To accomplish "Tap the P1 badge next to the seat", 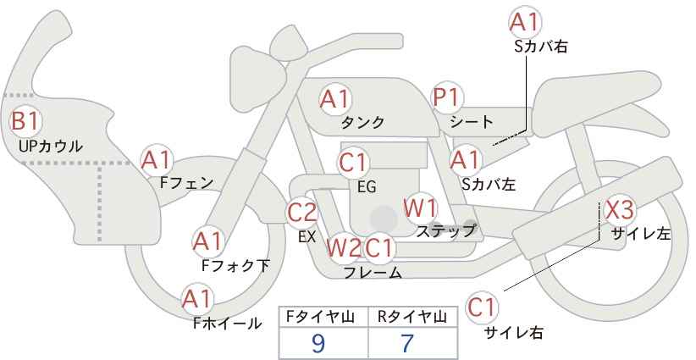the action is (447, 97).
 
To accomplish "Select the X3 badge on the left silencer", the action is (620, 209).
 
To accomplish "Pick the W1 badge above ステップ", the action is (420, 208).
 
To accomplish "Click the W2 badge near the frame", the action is (344, 247).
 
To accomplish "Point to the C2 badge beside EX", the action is (302, 212).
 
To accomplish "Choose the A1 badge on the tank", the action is (335, 99).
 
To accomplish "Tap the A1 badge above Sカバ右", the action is (525, 22).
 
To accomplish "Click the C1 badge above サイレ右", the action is (482, 307).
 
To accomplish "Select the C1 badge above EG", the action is (353, 163).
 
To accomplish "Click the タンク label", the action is (362, 123).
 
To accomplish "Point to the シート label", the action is (472, 122).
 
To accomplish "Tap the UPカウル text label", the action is (51, 146).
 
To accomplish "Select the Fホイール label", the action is (227, 324).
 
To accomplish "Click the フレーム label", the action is (373, 272).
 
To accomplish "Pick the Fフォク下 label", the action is (235, 265).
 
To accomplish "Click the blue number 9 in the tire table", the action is (318, 343).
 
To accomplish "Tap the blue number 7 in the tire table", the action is (407, 343).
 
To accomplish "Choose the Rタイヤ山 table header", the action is (412, 317).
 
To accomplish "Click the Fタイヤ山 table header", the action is (320, 317).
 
